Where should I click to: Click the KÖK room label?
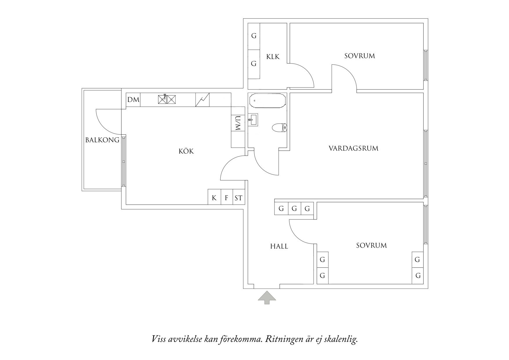pyautogui.click(x=186, y=151)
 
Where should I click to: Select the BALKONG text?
pyautogui.click(x=102, y=140)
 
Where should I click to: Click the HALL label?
pyautogui.click(x=279, y=246)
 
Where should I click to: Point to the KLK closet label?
pyautogui.click(x=273, y=57)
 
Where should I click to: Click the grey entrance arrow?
pyautogui.click(x=267, y=298)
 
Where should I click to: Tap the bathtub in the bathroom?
pyautogui.click(x=267, y=100)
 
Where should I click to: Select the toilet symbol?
pyautogui.click(x=279, y=127)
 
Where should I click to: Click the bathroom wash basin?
pyautogui.click(x=253, y=119)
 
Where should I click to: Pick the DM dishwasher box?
pyautogui.click(x=133, y=100)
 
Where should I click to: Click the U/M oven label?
pyautogui.click(x=238, y=123)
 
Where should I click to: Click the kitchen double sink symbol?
pyautogui.click(x=167, y=99)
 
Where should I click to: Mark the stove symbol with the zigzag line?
pyautogui.click(x=202, y=100)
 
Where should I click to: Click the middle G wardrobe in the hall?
pyautogui.click(x=294, y=208)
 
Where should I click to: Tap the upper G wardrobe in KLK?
pyautogui.click(x=254, y=36)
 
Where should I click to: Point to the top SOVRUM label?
pyautogui.click(x=360, y=56)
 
